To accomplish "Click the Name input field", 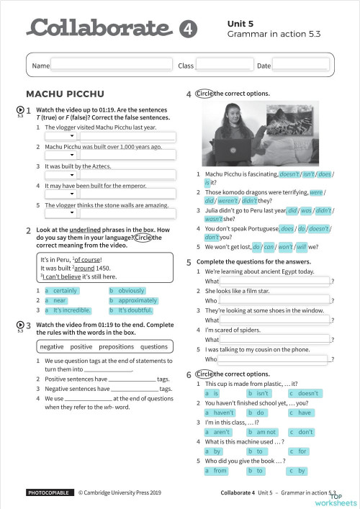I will (112, 66).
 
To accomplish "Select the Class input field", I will (223, 66).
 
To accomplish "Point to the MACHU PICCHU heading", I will (65, 94).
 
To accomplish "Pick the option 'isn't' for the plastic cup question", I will (263, 393).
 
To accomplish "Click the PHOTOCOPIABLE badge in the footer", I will (49, 493).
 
